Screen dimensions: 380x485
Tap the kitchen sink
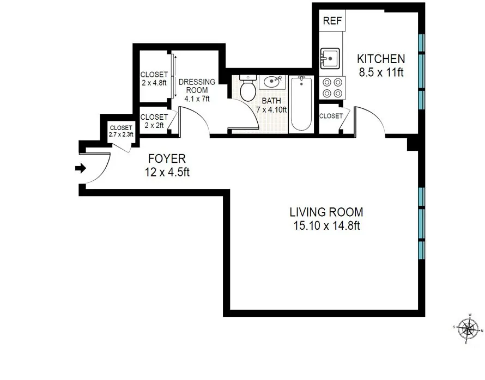tap(330, 58)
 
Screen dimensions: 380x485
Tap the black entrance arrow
tap(81, 168)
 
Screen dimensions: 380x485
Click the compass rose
tap(467, 328)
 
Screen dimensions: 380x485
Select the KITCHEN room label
tap(381, 59)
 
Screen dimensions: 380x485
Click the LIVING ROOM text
tap(326, 212)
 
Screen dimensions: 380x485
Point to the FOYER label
tap(167, 159)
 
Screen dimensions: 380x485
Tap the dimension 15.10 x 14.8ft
tap(325, 226)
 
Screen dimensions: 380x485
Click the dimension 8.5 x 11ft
tap(381, 72)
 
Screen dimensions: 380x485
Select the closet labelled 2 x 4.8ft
tap(154, 79)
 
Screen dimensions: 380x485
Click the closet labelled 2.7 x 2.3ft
tap(120, 131)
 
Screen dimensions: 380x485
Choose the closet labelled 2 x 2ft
tap(154, 121)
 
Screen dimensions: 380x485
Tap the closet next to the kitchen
tap(331, 116)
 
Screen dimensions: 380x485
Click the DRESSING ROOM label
tap(197, 86)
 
